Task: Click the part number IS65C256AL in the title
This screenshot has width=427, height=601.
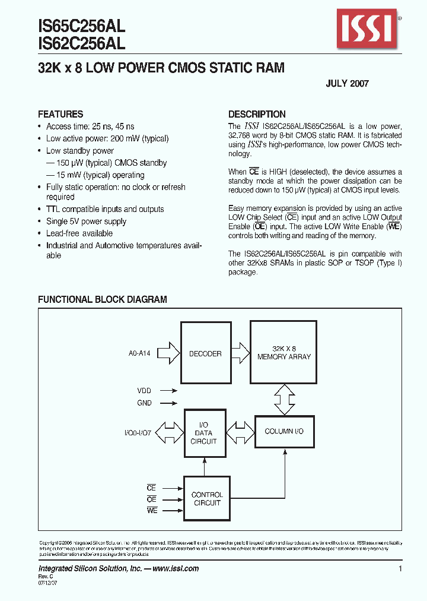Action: pyautogui.click(x=81, y=26)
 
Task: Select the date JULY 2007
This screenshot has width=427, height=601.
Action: pyautogui.click(x=347, y=84)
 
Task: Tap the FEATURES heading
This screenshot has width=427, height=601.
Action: pyautogui.click(x=60, y=114)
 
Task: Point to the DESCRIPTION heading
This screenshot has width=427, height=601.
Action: pyautogui.click(x=257, y=114)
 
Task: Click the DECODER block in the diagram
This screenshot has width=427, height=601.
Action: pyautogui.click(x=205, y=354)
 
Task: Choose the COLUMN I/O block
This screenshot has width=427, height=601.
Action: pyautogui.click(x=283, y=431)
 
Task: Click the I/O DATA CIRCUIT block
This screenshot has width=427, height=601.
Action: pyautogui.click(x=205, y=433)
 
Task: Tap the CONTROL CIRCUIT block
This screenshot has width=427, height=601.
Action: pyautogui.click(x=206, y=499)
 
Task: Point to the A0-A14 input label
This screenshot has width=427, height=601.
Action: pyautogui.click(x=139, y=353)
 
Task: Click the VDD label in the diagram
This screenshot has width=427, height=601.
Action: pyautogui.click(x=144, y=391)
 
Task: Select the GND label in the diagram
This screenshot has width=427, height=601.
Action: pyautogui.click(x=144, y=403)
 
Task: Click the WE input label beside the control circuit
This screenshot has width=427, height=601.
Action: pyautogui.click(x=152, y=511)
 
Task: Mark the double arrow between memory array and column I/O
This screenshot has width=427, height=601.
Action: pyautogui.click(x=283, y=400)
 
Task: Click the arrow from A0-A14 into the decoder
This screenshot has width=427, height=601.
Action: pyautogui.click(x=169, y=353)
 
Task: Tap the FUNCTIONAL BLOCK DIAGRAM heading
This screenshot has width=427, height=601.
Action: pyautogui.click(x=102, y=300)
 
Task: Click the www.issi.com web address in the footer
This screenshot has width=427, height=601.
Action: pyautogui.click(x=176, y=568)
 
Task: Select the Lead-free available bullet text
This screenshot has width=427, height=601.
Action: pyautogui.click(x=79, y=233)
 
